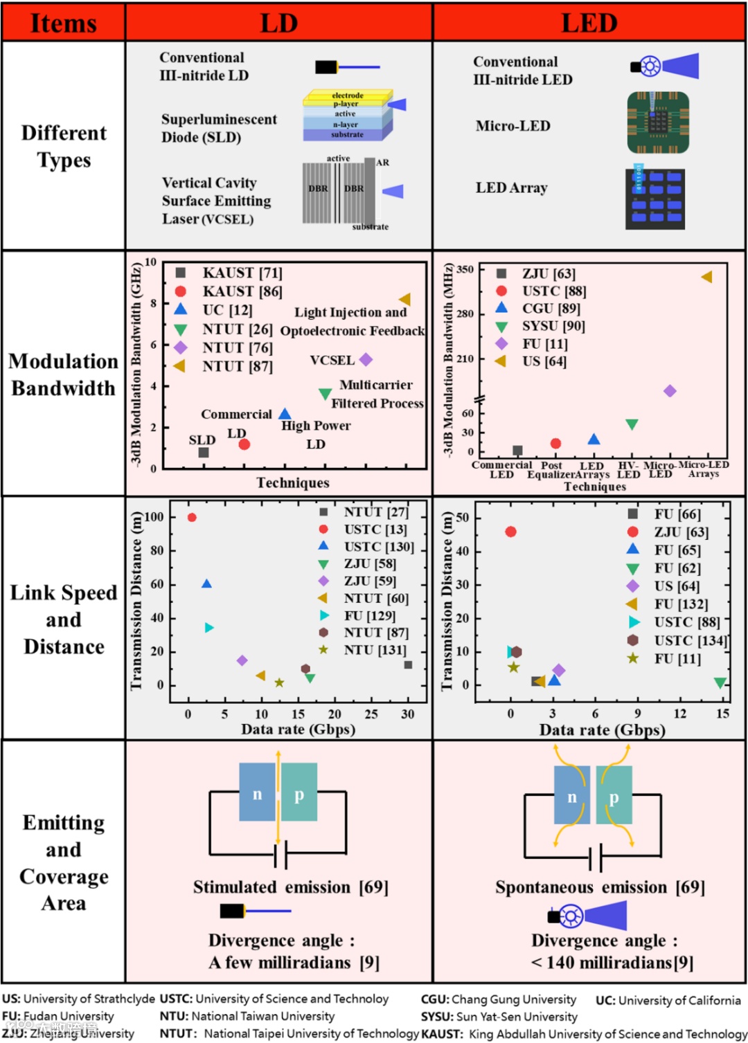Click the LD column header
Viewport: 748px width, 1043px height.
[x=278, y=23]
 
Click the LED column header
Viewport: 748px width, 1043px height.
[x=589, y=23]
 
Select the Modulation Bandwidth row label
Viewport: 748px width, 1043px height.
[x=63, y=374]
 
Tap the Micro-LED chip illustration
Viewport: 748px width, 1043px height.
[x=658, y=123]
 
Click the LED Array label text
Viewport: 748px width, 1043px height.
[x=511, y=188]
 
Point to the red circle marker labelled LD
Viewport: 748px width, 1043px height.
[x=244, y=444]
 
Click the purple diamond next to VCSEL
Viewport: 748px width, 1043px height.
[x=366, y=359]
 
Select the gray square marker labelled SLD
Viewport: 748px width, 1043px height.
[x=204, y=453]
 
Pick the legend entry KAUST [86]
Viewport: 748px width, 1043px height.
[x=242, y=291]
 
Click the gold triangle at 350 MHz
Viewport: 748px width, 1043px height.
[x=706, y=277]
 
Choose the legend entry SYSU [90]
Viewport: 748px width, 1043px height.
[x=553, y=326]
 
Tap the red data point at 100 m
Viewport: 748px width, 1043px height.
[x=192, y=518]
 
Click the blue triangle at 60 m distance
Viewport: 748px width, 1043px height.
[x=206, y=584]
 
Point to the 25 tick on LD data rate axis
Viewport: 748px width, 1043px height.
[x=371, y=714]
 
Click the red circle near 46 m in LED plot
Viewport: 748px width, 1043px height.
[x=510, y=532]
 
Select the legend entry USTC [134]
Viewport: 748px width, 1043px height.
[x=689, y=641]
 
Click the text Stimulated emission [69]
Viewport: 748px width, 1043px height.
[x=290, y=887]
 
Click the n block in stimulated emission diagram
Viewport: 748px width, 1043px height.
[x=257, y=792]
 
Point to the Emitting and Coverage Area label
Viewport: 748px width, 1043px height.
[x=63, y=862]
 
